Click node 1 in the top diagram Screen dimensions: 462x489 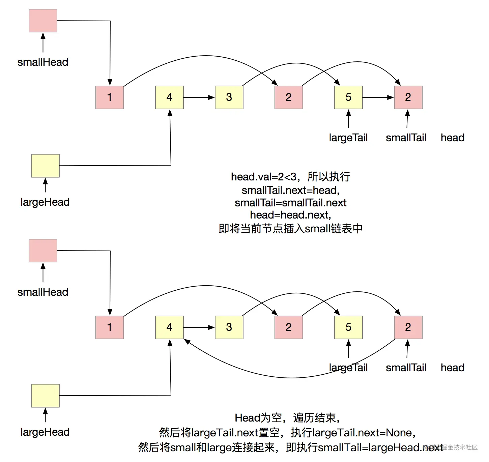pos(110,97)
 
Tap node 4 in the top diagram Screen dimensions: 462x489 pos(169,97)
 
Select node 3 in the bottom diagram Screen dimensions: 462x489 pos(229,327)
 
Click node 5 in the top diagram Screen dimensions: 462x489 pos(348,97)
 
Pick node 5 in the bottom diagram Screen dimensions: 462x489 pos(348,327)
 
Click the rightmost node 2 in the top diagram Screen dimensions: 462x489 pos(408,97)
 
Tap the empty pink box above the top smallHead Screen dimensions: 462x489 pos(43,21)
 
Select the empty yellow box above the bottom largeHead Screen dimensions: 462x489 pos(45,396)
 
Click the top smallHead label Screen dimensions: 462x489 pos(43,62)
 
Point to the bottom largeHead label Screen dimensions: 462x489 pos(45,432)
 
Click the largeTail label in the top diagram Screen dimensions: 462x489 pos(348,138)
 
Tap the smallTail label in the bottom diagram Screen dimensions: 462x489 pos(406,368)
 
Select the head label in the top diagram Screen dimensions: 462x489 pos(452,138)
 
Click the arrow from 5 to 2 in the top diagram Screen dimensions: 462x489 pos(378,97)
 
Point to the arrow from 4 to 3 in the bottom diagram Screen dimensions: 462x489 pos(199,327)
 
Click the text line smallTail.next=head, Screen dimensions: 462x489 pos(290,190)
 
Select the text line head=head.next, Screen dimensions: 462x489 pos(290,215)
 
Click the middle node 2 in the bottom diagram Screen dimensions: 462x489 pos(289,327)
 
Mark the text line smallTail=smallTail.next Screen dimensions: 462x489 pos(290,203)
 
